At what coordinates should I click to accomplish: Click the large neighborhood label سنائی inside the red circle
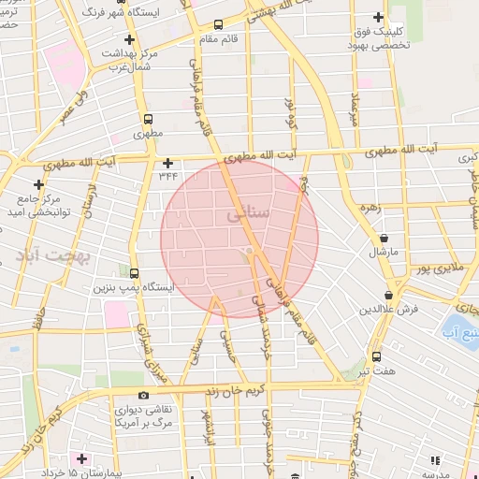click(x=249, y=213)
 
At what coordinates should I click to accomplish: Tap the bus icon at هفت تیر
click(x=376, y=356)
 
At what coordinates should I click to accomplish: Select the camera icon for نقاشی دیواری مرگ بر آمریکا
click(x=142, y=395)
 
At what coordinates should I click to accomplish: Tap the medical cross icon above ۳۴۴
click(x=167, y=162)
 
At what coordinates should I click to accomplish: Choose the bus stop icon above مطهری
click(x=147, y=120)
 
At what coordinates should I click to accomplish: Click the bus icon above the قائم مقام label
click(x=219, y=25)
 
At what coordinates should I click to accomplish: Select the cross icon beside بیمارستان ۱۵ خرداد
click(x=81, y=459)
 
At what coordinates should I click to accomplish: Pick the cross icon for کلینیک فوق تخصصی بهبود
click(x=378, y=17)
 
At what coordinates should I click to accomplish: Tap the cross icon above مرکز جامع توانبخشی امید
click(x=38, y=184)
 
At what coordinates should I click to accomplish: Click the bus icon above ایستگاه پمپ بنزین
click(x=136, y=274)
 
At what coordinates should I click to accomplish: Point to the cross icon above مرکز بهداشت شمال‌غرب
click(x=128, y=39)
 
